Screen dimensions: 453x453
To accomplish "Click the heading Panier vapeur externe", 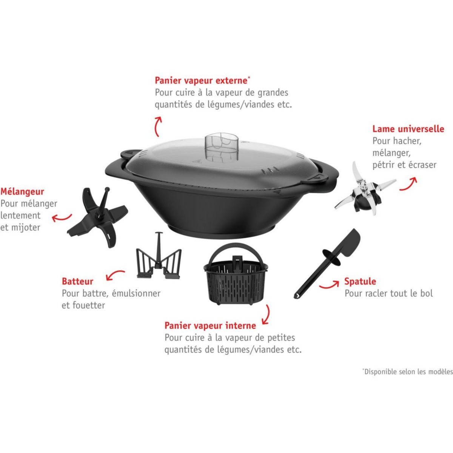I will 201,80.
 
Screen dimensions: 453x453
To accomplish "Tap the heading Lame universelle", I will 408,129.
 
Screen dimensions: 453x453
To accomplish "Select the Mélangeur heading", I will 22,191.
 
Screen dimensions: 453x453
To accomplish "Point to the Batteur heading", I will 77,281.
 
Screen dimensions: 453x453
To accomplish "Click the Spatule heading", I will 360,281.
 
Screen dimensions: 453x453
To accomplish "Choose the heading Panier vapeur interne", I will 210,325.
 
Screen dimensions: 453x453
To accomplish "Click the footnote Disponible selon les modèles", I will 408,371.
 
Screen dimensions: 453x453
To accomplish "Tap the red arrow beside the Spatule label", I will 328,284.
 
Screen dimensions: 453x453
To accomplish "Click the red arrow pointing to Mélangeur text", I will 62,217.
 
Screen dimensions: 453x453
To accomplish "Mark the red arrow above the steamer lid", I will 158,126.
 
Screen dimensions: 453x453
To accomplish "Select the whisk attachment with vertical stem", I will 159,257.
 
